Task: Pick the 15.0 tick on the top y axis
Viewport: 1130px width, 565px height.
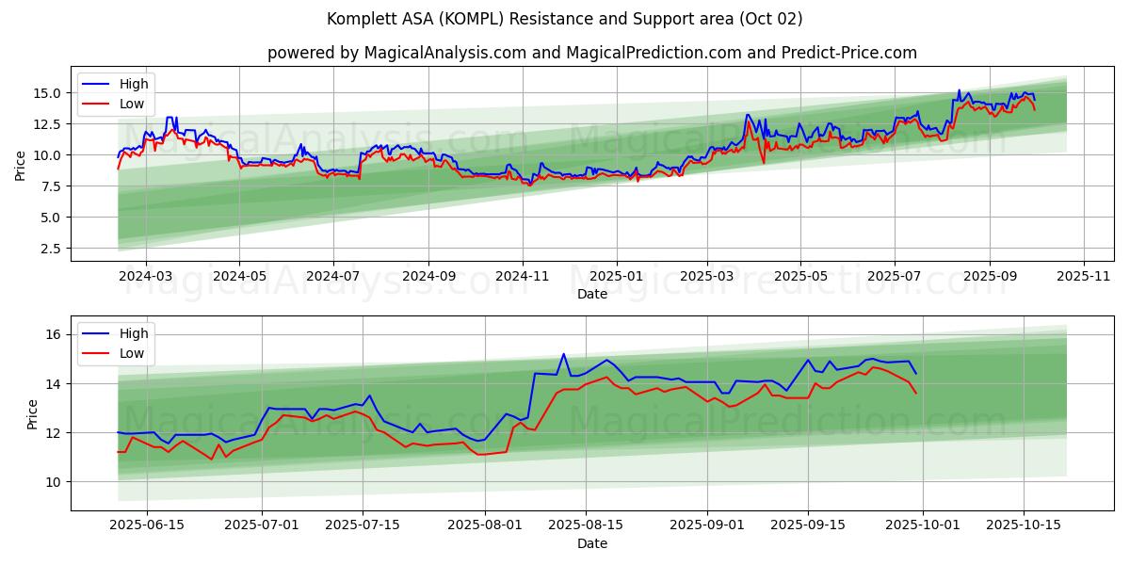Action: pyautogui.click(x=47, y=93)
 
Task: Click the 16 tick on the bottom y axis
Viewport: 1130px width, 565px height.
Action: pyautogui.click(x=55, y=334)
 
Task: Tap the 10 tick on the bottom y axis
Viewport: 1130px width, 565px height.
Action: pyautogui.click(x=55, y=482)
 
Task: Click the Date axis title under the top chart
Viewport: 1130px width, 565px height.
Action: pyautogui.click(x=592, y=294)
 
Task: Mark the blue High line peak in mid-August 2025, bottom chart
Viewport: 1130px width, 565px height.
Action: pyautogui.click(x=563, y=354)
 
